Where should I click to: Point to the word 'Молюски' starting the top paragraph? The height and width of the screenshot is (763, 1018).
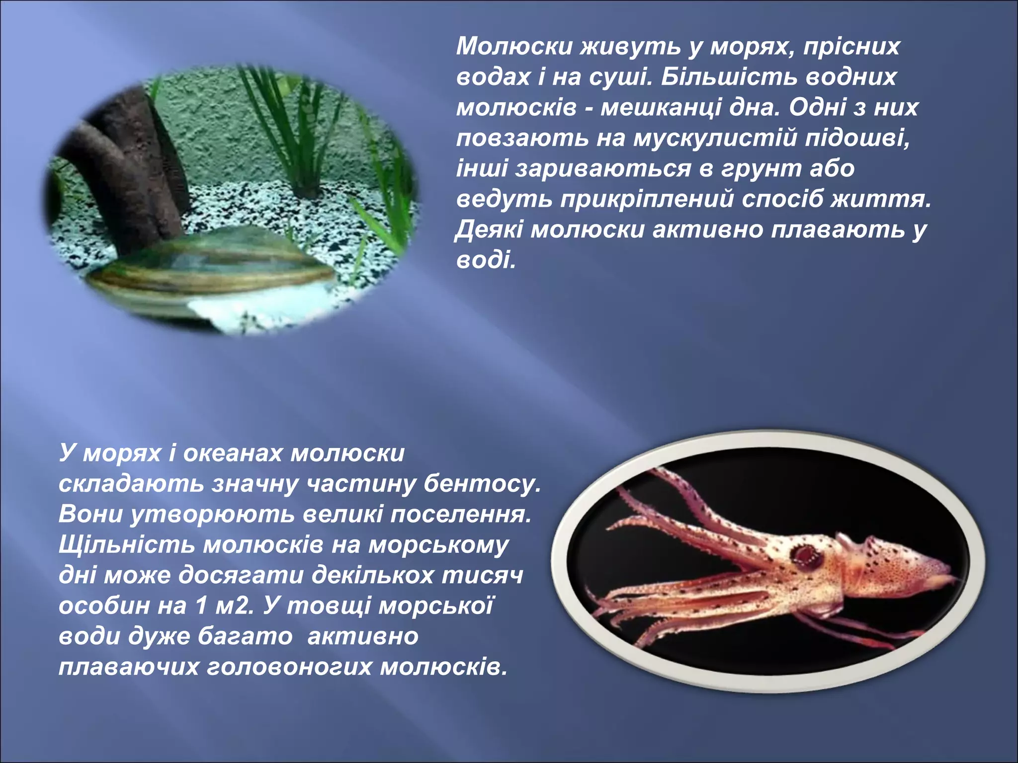[x=514, y=47]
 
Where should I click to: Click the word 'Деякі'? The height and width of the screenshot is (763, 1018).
[x=489, y=230]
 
